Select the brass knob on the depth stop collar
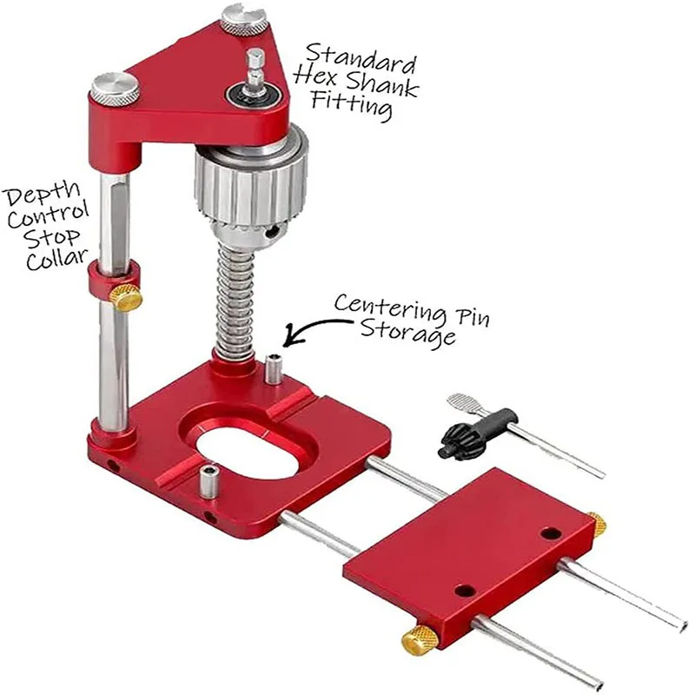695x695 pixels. click(127, 297)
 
